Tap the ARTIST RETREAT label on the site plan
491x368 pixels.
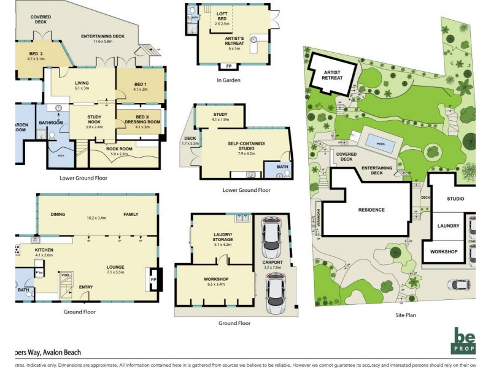click(x=332, y=74)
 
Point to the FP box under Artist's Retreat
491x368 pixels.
click(x=229, y=66)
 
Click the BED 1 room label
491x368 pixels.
click(x=141, y=85)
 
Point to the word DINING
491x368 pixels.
click(x=58, y=214)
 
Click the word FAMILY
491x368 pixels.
click(x=131, y=214)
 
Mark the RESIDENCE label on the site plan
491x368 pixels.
click(x=371, y=210)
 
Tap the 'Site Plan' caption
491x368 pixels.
click(x=406, y=315)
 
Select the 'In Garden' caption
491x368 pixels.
click(x=228, y=80)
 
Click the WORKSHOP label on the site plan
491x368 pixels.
click(x=444, y=251)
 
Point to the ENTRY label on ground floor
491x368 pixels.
click(x=86, y=286)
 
